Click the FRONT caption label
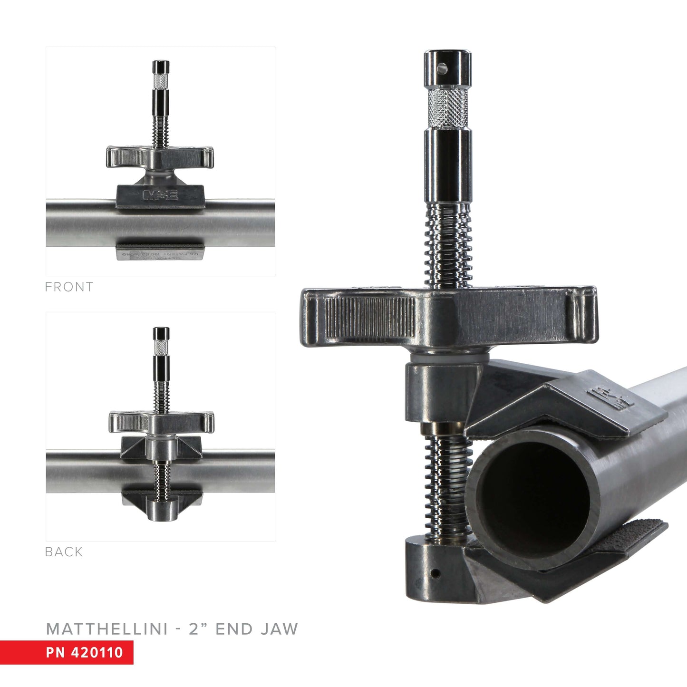pyautogui.click(x=69, y=287)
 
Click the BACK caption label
pyautogui.click(x=64, y=552)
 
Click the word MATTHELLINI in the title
pyautogui.click(x=107, y=629)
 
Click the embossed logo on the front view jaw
pyautogui.click(x=160, y=195)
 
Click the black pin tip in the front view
pyautogui.click(x=161, y=67)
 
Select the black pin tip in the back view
pyautogui.click(x=161, y=333)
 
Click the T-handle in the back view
pyautogui.click(x=161, y=421)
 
